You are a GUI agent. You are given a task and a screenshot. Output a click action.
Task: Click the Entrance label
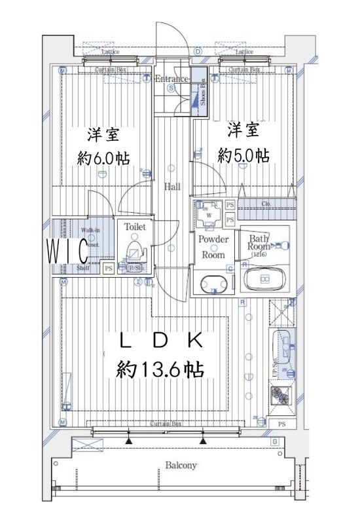[x=171, y=79]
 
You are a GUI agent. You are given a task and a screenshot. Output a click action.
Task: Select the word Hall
[x=172, y=187]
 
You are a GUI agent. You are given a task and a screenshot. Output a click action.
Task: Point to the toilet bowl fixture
[x=135, y=252]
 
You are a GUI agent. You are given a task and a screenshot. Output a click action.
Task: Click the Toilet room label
[x=135, y=227]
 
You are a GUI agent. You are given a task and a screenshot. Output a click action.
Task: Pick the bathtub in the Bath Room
[x=265, y=279]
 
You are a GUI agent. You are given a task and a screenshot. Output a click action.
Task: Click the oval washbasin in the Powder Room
[x=213, y=284]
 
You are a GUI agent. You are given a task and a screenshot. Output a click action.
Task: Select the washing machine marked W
[x=209, y=215]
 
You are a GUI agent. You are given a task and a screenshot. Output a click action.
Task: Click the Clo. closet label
[x=266, y=204]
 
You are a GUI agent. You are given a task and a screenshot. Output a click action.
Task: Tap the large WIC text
[x=67, y=250]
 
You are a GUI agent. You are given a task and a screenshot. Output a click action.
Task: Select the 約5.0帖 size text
[x=243, y=155]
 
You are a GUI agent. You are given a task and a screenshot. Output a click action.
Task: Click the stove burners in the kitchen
[x=281, y=395]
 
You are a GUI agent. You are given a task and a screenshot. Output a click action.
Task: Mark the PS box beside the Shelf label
[x=108, y=268]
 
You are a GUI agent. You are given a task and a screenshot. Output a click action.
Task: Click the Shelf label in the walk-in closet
[x=82, y=268]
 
